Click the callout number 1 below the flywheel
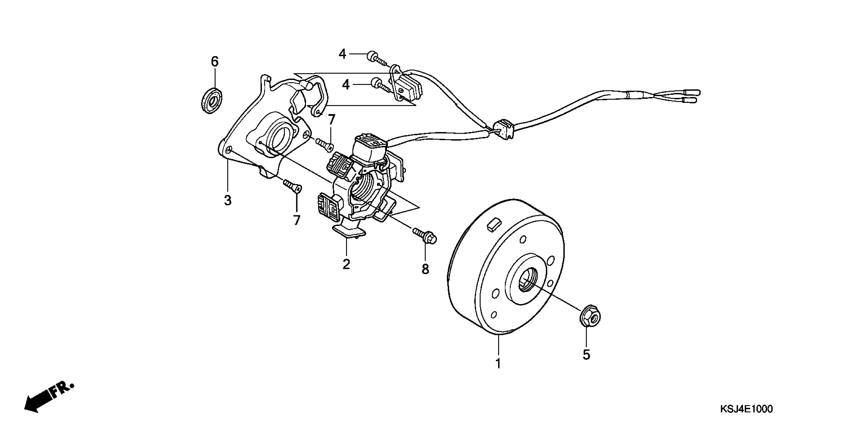click(498, 363)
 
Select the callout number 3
click(228, 200)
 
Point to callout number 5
click(586, 355)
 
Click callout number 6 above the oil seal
click(215, 62)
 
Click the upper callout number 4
click(342, 54)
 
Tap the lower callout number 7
click(297, 220)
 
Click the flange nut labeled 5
click(590, 316)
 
